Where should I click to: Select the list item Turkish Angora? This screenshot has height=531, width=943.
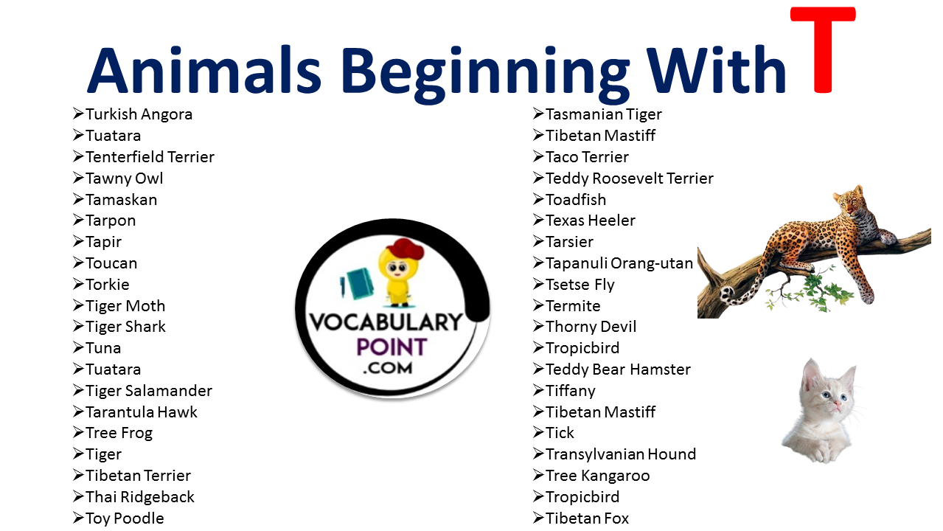tap(139, 114)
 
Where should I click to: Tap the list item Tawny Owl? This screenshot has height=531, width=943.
tap(124, 178)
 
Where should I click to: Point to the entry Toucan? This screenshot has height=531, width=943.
tap(111, 263)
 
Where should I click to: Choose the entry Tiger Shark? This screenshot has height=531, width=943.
tap(125, 327)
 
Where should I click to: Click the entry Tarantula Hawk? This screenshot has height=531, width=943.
tap(141, 412)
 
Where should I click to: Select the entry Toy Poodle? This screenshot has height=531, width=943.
tap(125, 518)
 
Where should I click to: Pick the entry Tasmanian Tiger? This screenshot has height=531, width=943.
tap(603, 114)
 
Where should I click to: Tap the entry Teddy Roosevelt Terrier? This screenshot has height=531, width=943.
tap(629, 178)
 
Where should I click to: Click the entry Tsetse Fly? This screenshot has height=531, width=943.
tap(580, 285)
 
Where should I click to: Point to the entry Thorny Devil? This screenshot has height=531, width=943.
tap(591, 327)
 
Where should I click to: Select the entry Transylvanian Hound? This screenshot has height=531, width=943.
tap(620, 454)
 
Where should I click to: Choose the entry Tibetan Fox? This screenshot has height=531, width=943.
tap(587, 518)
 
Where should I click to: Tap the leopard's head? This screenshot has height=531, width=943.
tap(847, 201)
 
